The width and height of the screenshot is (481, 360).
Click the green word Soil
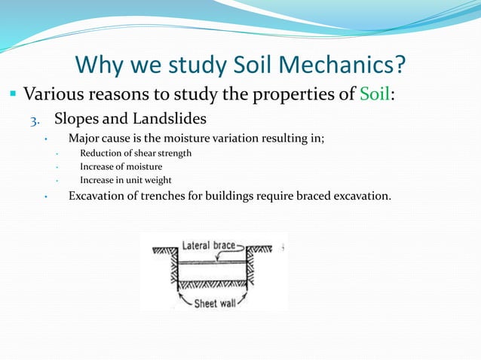375,96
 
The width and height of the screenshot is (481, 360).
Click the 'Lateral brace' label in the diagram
207,246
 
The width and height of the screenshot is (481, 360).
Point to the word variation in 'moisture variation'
226,137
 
